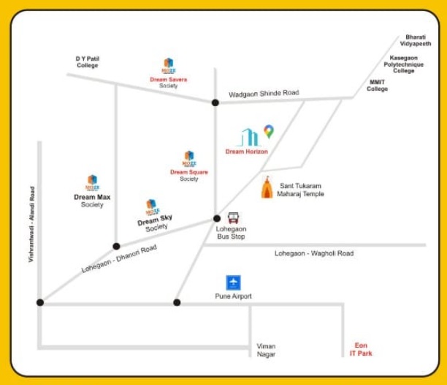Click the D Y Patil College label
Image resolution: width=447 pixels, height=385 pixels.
[87, 61]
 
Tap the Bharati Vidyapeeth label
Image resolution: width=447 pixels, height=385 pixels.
[419, 40]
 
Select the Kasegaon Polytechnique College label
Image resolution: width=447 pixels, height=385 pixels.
[404, 64]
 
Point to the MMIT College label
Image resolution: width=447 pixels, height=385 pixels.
[377, 86]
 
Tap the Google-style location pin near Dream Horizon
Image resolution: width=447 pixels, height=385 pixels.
[269, 132]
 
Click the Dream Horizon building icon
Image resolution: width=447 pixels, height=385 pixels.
[249, 137]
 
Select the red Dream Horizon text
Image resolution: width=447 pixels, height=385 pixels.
[246, 152]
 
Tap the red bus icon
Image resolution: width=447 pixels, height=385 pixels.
[233, 217]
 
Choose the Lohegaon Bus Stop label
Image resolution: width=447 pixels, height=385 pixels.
[231, 233]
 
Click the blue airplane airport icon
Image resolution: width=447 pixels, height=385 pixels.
[233, 283]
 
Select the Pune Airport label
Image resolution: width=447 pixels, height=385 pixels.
[233, 296]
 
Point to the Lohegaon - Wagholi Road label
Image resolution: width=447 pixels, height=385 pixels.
[313, 253]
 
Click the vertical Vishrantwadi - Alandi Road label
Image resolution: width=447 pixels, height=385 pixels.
[32, 224]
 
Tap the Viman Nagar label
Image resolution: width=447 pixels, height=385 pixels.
[266, 350]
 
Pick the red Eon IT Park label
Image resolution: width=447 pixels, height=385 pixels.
[361, 350]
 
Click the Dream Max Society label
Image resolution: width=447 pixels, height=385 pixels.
[92, 201]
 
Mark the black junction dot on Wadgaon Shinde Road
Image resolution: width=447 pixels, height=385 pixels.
[215, 102]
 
